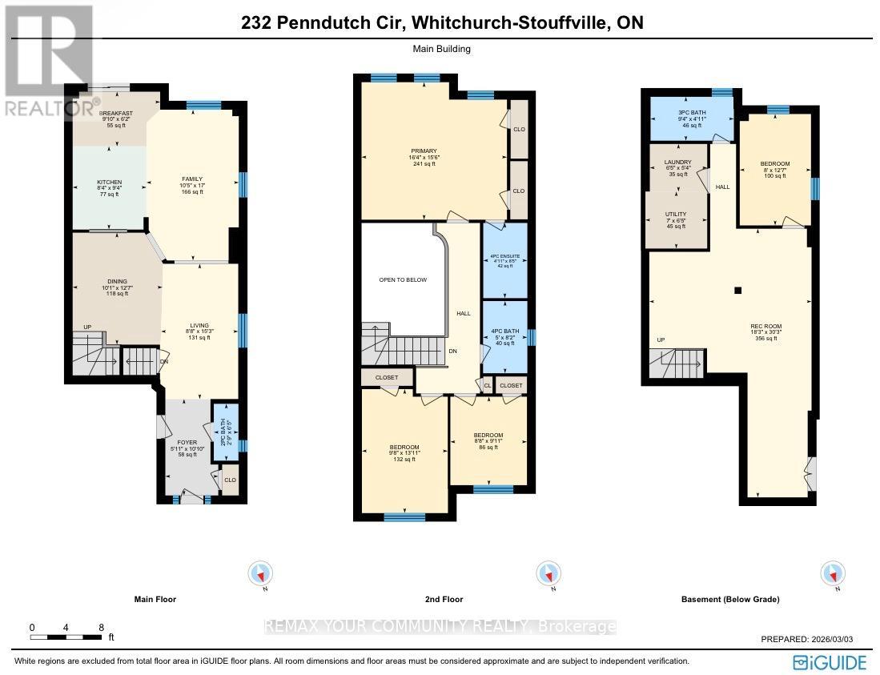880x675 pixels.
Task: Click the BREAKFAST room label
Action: [x=116, y=114]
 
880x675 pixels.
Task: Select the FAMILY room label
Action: [x=191, y=179]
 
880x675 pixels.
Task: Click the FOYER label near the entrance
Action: [x=188, y=442]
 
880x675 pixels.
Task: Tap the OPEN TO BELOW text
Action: [x=404, y=280]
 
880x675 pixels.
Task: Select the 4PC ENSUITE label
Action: [x=504, y=256]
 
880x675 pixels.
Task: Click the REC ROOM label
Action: [x=765, y=326]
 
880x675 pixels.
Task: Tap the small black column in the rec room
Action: [x=738, y=290]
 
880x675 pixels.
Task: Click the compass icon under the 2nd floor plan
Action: [x=548, y=574]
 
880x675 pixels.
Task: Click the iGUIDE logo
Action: [x=829, y=661]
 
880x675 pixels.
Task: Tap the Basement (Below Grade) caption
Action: [x=729, y=599]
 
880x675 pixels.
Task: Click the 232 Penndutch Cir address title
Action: [x=442, y=24]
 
